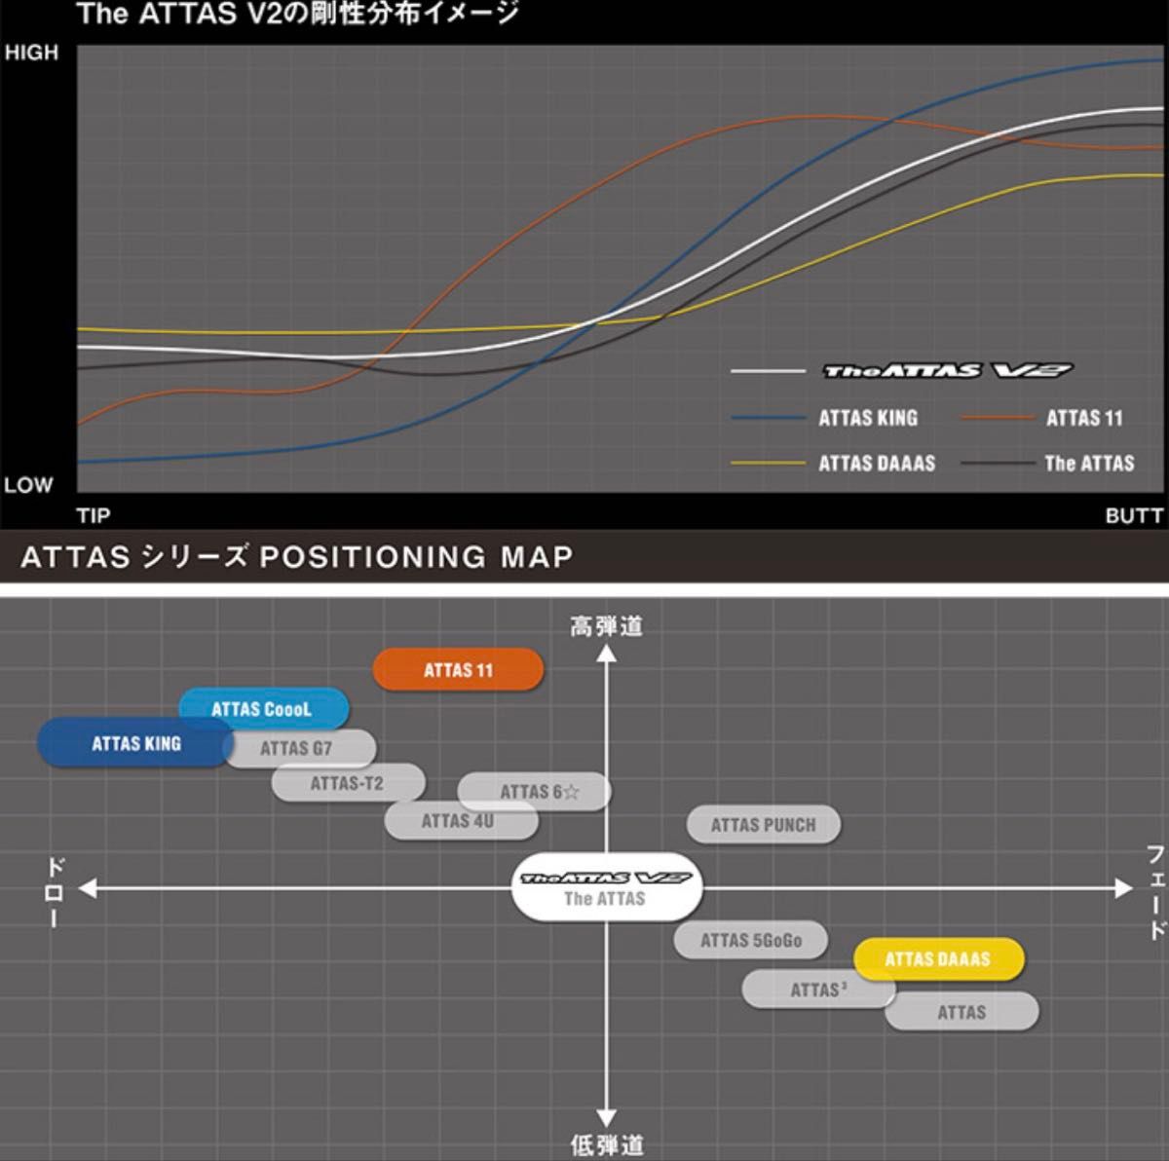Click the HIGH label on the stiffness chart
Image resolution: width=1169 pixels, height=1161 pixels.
31,54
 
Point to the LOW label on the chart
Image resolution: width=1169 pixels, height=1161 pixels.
28,485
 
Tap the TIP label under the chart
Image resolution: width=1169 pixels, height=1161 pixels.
94,515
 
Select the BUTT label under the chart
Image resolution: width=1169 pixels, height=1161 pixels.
1134,515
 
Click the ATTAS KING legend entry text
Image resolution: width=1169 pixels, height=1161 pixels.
868,418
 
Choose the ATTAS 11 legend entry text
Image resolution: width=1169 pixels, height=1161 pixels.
1084,418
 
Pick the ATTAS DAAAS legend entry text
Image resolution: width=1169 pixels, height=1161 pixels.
877,463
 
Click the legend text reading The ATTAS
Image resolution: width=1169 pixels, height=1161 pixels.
1089,463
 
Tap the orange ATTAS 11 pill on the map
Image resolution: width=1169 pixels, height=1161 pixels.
458,670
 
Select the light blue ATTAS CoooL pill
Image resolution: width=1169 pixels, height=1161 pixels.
262,709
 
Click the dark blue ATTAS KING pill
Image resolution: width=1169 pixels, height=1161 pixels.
135,743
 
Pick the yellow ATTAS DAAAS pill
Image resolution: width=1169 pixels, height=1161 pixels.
937,959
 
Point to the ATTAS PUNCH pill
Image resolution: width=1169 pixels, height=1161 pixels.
763,825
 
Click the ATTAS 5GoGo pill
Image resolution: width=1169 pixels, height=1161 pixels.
751,940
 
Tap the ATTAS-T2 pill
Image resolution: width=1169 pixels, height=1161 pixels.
348,783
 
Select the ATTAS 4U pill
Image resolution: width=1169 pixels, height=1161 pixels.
458,821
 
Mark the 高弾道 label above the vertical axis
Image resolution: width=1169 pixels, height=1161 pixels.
606,626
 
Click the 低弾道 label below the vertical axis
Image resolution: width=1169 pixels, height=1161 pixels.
606,1144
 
